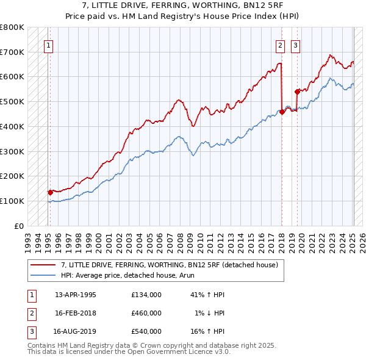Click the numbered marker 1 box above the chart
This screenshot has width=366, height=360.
tap(48, 45)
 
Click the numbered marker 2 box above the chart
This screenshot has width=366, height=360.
tap(280, 45)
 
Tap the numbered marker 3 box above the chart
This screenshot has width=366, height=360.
tap(296, 45)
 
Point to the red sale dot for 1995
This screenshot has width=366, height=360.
tap(50, 192)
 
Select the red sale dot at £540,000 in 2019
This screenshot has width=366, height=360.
tap(297, 92)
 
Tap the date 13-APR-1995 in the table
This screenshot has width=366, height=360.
tap(76, 295)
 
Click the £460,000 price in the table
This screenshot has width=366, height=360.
tap(146, 313)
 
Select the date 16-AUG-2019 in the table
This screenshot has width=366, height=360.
tap(76, 331)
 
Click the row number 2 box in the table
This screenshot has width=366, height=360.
tap(31, 313)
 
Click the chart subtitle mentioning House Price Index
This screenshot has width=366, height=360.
tap(183, 16)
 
